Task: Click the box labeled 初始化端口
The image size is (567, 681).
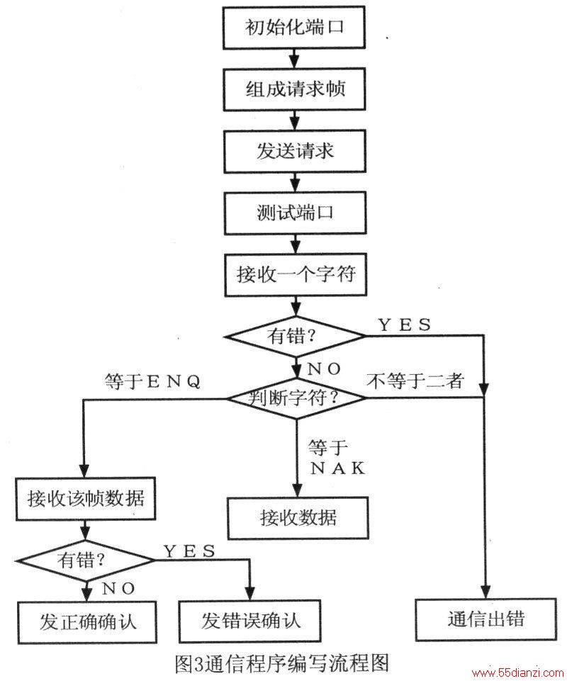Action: pyautogui.click(x=293, y=28)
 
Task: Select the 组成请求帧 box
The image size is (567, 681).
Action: pyautogui.click(x=294, y=89)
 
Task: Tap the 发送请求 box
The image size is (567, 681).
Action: pyautogui.click(x=295, y=151)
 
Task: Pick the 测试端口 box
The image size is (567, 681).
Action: pyautogui.click(x=295, y=213)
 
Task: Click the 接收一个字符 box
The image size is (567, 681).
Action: pyautogui.click(x=296, y=275)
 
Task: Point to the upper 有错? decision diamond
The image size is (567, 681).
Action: pyautogui.click(x=296, y=336)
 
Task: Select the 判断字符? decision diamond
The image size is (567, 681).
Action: pyautogui.click(x=296, y=398)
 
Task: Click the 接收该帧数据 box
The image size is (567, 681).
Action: pyautogui.click(x=86, y=499)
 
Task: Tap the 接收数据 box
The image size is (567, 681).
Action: pyautogui.click(x=298, y=518)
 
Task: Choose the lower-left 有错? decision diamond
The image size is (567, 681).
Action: pyautogui.click(x=86, y=561)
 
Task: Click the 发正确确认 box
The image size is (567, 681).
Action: pyautogui.click(x=87, y=622)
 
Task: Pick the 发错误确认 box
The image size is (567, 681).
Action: pyautogui.click(x=250, y=621)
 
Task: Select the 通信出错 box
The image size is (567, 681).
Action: pyautogui.click(x=485, y=619)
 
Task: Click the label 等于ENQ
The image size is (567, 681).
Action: pyautogui.click(x=152, y=381)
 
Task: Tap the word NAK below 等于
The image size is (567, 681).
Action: pyautogui.click(x=338, y=468)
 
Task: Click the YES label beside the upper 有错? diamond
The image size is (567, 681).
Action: pyautogui.click(x=405, y=325)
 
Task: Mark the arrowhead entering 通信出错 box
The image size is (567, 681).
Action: pyautogui.click(x=485, y=592)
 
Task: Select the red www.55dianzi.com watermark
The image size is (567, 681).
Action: pyautogui.click(x=517, y=673)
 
